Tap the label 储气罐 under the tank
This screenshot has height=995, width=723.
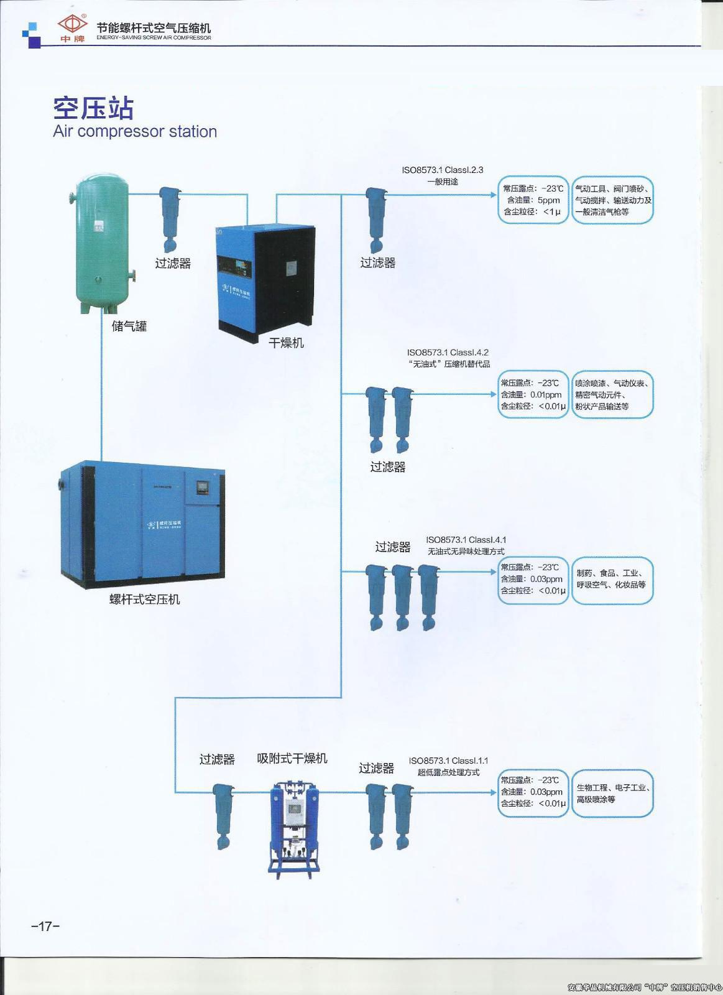pos(129,326)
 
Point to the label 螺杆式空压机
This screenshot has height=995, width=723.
pos(144,599)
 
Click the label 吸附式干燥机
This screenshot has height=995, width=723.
pos(292,759)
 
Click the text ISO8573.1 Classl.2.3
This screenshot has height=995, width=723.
pos(442,170)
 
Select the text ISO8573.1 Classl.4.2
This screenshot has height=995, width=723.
pos(448,353)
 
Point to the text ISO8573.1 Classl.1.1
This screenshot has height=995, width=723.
pos(448,761)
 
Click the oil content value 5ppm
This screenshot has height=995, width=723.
pos(549,200)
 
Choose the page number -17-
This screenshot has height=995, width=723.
pos(45,927)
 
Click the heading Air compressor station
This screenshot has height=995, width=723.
pos(135,132)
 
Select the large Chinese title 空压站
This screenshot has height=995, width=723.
pos(93,108)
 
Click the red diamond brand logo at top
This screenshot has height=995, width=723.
pos(73,25)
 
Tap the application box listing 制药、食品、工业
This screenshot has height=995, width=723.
pos(612,580)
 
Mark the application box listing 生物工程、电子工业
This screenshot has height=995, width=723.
pos(612,794)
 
